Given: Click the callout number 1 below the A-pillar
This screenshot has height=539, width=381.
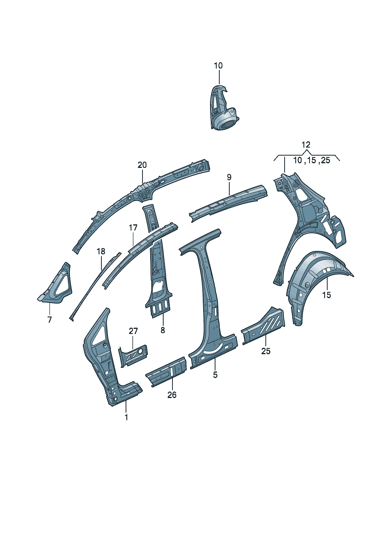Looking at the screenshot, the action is click(126, 417).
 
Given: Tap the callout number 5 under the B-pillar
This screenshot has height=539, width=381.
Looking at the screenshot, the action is click(215, 375).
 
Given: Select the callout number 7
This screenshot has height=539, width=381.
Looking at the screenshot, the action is click(50, 320).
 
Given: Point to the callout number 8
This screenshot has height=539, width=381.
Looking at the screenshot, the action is click(163, 330).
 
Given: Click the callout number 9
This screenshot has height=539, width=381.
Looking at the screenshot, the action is click(229, 177).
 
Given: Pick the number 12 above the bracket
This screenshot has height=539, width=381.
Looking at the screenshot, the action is click(306, 144).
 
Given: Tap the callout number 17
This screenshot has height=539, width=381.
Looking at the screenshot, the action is click(133, 227).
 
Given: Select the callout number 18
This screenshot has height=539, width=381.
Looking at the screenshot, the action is click(101, 252).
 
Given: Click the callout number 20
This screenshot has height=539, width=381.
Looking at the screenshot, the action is click(142, 165).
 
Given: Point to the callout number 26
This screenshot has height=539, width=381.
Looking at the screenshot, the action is click(172, 395).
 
